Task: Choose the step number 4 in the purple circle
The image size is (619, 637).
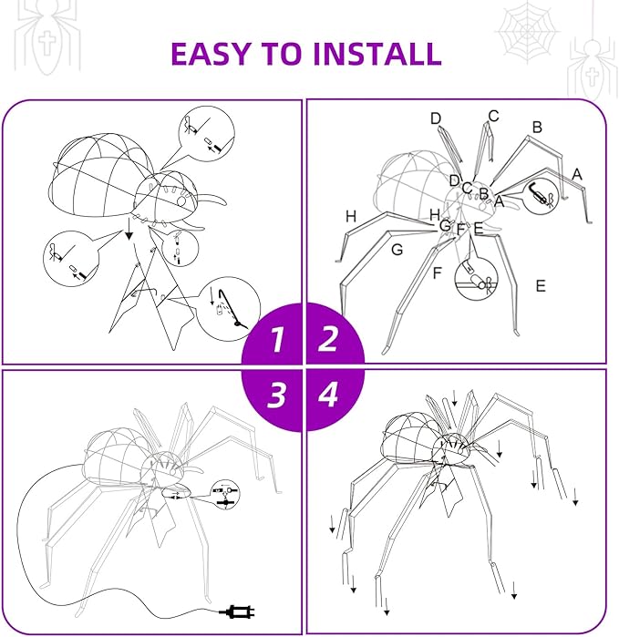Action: coord(328,394)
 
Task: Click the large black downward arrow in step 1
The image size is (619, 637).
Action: coord(129,235)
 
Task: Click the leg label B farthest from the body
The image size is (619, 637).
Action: coord(537,128)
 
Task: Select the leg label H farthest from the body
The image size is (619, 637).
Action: coord(351,216)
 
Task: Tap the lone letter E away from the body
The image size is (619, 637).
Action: coord(541,286)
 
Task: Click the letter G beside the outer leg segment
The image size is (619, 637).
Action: coord(397,249)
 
